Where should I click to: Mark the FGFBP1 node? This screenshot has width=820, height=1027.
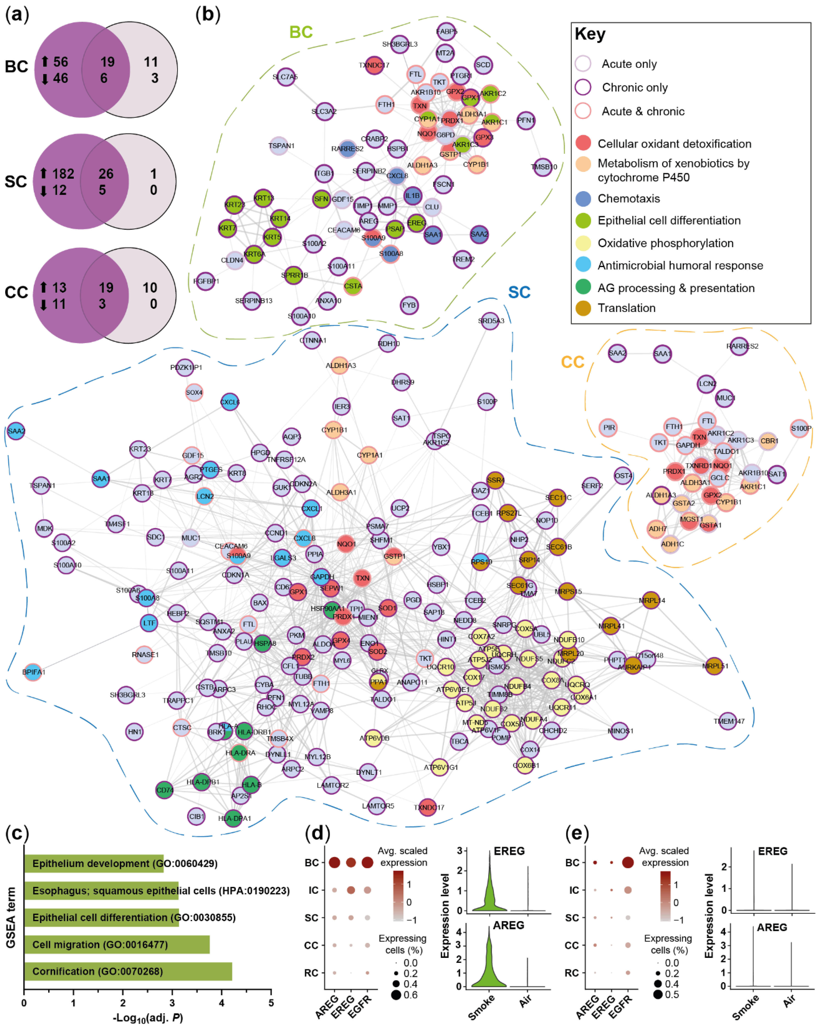pyautogui.click(x=205, y=281)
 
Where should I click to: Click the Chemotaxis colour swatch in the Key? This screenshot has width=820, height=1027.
pyautogui.click(x=583, y=199)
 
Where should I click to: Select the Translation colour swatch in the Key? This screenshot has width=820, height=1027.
pyautogui.click(x=583, y=308)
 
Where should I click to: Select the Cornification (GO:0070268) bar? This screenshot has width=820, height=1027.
pyautogui.click(x=128, y=971)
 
